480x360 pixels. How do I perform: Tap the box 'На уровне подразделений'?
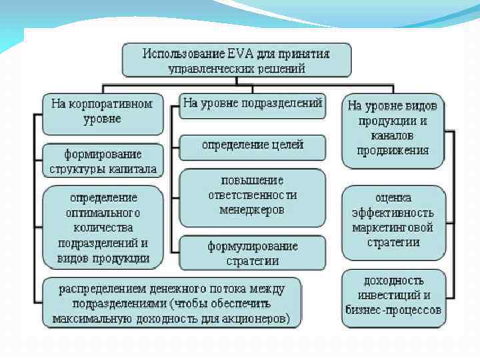(253, 104)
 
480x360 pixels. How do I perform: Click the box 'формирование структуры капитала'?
(103, 160)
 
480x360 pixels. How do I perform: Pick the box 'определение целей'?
(252, 145)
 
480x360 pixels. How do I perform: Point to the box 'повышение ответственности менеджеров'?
(252, 195)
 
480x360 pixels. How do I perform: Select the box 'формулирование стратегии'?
(252, 253)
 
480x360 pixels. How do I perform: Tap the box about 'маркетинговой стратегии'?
(393, 221)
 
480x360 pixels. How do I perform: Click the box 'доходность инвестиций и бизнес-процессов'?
(393, 295)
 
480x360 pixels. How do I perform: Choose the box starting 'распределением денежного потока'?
(172, 303)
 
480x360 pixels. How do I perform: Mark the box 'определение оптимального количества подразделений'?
(103, 227)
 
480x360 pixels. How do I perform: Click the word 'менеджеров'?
(252, 210)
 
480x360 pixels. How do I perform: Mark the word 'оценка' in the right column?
(393, 199)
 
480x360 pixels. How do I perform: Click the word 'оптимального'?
(103, 213)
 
